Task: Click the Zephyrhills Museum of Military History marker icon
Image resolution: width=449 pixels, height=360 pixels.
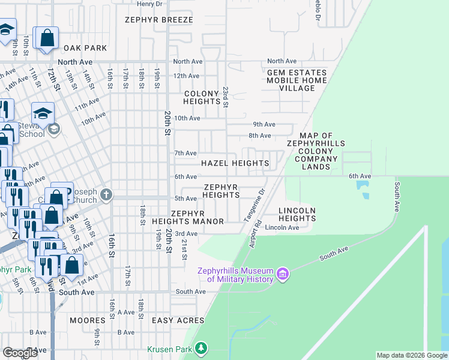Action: click(283, 275)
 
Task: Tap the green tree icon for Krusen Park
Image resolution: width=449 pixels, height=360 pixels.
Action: click(202, 348)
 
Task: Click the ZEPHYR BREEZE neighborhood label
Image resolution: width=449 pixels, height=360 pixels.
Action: click(159, 20)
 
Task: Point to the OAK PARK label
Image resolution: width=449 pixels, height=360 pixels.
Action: click(85, 48)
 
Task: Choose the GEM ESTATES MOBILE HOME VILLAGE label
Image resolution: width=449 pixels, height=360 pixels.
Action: click(297, 80)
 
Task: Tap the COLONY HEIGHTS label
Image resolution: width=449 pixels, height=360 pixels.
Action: click(202, 98)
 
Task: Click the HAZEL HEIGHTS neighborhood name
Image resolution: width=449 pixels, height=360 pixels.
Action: click(235, 163)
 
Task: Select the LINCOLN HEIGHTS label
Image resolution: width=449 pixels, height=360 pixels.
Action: click(297, 214)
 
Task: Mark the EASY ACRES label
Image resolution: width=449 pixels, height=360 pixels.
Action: click(178, 320)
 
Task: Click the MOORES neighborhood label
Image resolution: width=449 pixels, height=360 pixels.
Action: click(88, 320)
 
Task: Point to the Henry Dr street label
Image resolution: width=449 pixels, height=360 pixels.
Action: click(149, 4)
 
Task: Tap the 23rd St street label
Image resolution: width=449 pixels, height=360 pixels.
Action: click(226, 97)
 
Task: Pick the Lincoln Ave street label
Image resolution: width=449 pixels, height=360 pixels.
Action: click(282, 228)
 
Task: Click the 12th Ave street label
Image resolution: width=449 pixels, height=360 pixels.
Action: click(186, 76)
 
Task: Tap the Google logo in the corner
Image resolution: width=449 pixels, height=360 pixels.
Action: click(20, 353)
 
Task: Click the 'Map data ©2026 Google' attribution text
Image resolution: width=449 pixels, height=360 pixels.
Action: click(412, 355)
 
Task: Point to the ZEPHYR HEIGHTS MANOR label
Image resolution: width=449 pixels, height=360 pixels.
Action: click(197, 217)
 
